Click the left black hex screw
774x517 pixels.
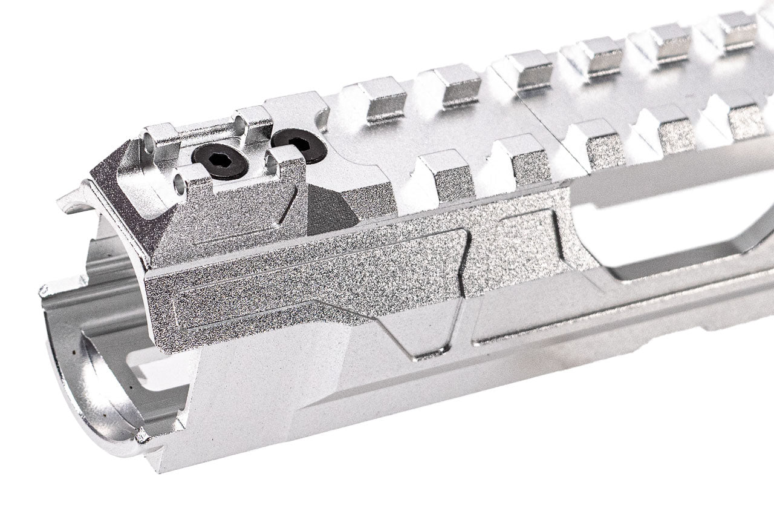220,160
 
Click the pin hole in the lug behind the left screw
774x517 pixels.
240,126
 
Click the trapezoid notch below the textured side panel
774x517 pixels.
423,336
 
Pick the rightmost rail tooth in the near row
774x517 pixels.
741,118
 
